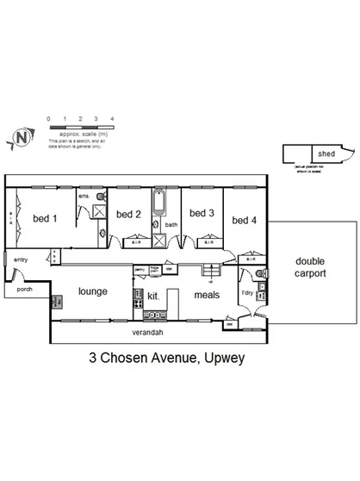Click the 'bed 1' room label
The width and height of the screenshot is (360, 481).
[x=44, y=218]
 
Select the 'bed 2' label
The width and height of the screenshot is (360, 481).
[x=128, y=215]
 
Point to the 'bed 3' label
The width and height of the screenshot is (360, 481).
[x=201, y=213]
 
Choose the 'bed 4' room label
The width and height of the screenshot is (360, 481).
[x=245, y=220]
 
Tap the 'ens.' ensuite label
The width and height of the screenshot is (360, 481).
[x=84, y=197]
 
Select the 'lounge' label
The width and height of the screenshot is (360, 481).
[x=92, y=291]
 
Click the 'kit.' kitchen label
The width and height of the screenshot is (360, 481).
[x=154, y=296]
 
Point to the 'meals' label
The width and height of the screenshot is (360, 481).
[x=207, y=295]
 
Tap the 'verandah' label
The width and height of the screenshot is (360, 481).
[x=147, y=332]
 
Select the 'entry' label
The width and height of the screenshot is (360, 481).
[x=20, y=259]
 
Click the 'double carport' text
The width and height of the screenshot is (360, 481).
[x=310, y=267]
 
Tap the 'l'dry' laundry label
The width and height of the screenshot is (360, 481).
[x=247, y=293]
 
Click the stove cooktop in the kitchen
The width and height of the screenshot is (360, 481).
[x=137, y=299]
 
